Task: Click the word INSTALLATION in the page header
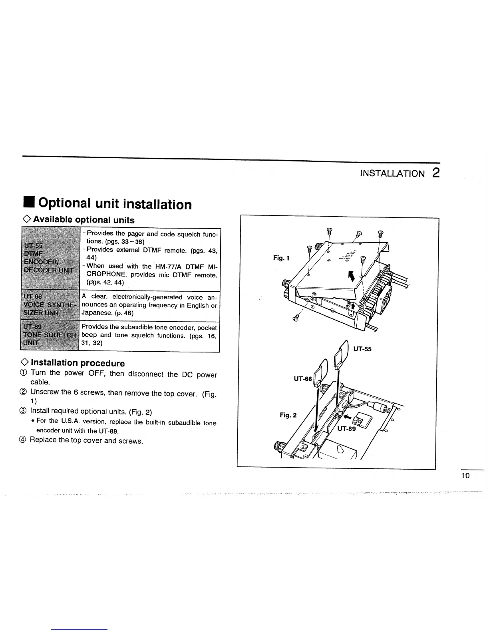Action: pos(392,173)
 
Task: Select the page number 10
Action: pos(465,476)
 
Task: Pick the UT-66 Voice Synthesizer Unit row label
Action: pos(48,305)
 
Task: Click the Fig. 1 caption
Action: pos(281,258)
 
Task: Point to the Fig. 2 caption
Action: pos(288,415)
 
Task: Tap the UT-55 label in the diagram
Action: pos(362,349)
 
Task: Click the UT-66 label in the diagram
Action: pos(302,378)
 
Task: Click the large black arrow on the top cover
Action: pos(352,276)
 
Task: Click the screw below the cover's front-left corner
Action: pos(296,318)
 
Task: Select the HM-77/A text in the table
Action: pos(169,267)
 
